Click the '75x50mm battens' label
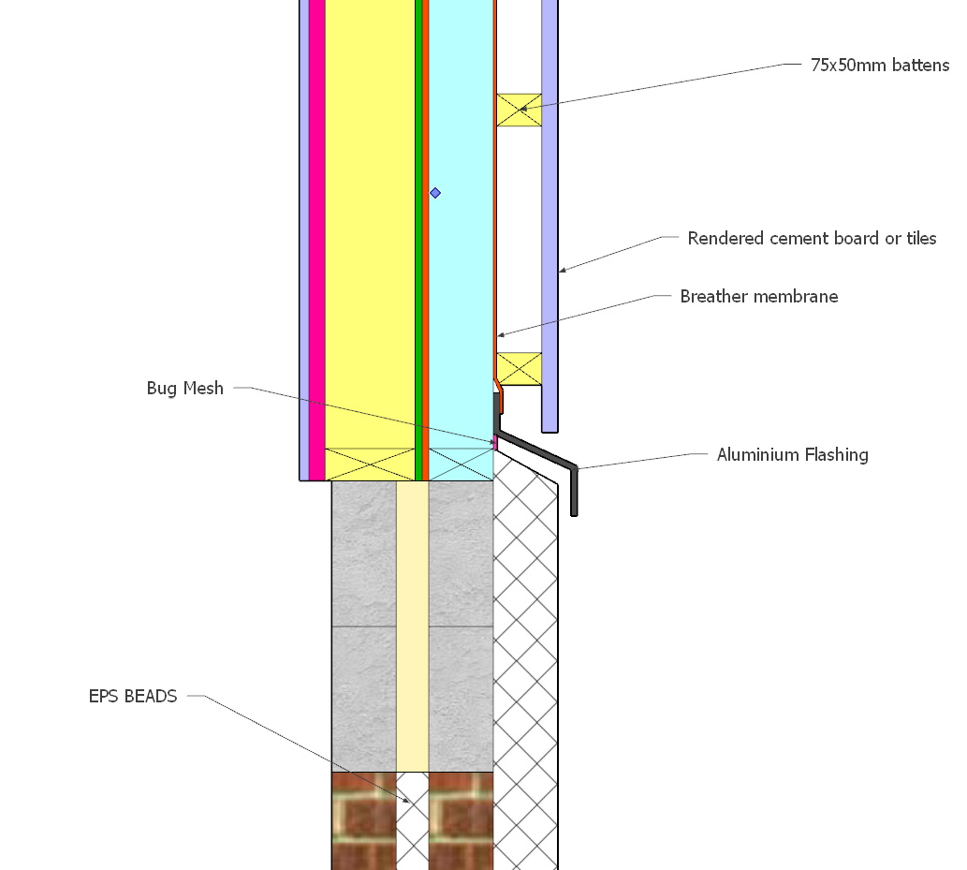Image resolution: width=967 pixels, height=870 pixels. [880, 65]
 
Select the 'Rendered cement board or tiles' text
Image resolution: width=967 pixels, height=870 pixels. [812, 238]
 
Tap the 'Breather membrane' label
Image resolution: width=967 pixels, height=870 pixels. [758, 296]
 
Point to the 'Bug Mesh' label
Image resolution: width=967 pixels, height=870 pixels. [185, 388]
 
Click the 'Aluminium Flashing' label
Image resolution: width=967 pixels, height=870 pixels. [793, 455]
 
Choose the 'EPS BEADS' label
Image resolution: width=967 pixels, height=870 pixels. [133, 696]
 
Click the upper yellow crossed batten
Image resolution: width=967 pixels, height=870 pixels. [520, 110]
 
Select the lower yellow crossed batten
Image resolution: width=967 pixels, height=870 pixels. [520, 369]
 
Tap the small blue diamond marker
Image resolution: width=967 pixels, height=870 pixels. [435, 193]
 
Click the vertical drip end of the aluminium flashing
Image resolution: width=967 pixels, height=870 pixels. [574, 492]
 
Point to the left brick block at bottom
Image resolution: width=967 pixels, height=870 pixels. [364, 820]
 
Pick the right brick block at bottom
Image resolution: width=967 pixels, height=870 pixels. [461, 820]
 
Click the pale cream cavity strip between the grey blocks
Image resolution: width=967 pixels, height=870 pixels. [412, 627]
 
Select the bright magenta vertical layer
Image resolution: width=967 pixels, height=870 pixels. [317, 240]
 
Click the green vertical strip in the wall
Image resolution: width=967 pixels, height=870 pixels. [418, 240]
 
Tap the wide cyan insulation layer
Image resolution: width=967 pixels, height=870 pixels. [461, 240]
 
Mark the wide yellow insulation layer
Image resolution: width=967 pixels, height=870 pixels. [370, 240]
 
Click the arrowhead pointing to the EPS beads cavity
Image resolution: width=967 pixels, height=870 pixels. [405, 801]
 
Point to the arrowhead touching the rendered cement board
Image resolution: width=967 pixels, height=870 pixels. [563, 270]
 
